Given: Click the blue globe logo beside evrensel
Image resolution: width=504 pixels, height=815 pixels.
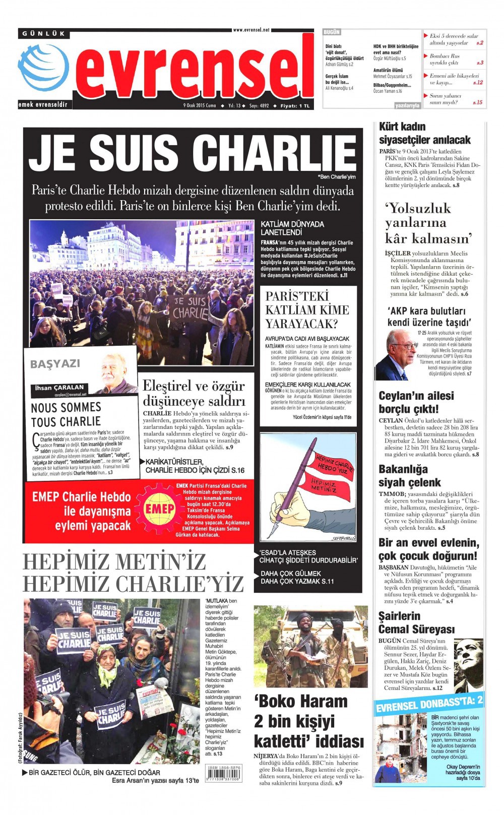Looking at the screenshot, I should (43, 68).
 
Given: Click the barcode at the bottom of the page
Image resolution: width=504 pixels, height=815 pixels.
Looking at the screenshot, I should (224, 773).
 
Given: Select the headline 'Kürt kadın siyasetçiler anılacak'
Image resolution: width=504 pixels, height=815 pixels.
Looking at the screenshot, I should (424, 133).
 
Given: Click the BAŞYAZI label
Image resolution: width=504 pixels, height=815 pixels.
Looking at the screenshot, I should (55, 364).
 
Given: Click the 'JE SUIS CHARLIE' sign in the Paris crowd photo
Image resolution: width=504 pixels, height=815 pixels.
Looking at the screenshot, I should (190, 308).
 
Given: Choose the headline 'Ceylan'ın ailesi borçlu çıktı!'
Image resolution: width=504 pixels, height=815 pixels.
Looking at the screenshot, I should (416, 402).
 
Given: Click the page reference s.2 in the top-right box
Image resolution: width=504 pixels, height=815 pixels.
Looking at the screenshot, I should (479, 43).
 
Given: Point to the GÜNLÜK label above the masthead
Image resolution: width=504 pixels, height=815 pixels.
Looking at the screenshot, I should (44, 33).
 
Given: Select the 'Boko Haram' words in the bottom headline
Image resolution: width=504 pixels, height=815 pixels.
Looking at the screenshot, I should (301, 701).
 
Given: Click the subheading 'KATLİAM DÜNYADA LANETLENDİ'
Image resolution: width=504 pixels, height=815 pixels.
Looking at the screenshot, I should (292, 228).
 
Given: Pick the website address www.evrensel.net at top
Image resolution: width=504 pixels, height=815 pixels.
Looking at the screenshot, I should (251, 30).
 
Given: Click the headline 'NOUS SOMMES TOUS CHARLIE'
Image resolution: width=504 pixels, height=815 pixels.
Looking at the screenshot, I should (66, 414).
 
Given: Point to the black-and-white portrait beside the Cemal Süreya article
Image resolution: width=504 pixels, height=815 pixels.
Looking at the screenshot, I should (468, 665).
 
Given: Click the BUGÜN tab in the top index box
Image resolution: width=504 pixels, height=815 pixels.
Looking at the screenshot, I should (332, 32).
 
